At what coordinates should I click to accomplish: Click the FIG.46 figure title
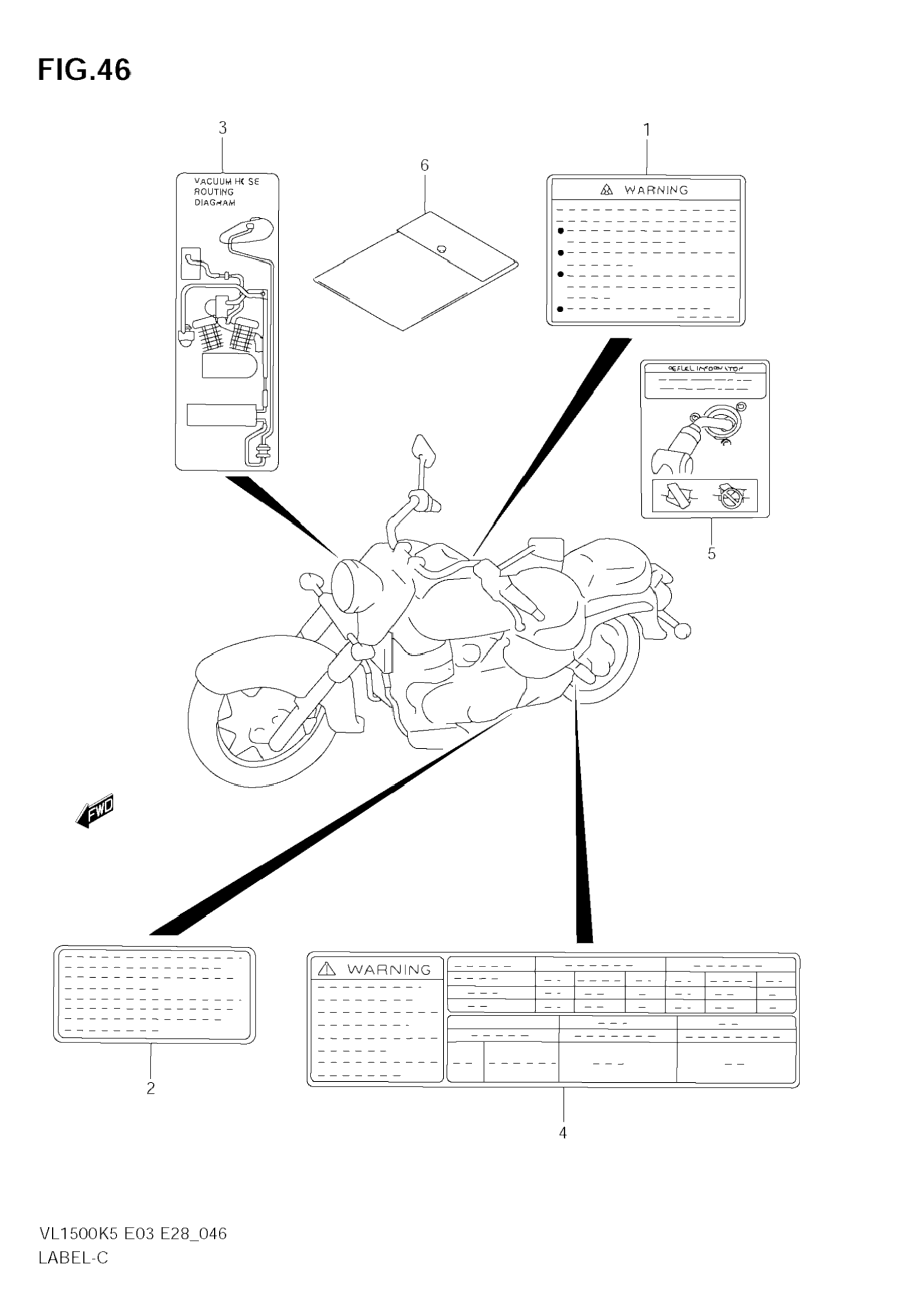coord(84,71)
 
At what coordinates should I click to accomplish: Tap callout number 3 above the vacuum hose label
coord(222,128)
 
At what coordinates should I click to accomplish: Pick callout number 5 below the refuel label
coord(711,553)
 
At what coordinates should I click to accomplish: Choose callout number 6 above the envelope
coord(424,165)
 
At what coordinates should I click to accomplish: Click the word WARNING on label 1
coord(656,190)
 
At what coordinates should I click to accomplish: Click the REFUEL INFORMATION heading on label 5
coord(706,369)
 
